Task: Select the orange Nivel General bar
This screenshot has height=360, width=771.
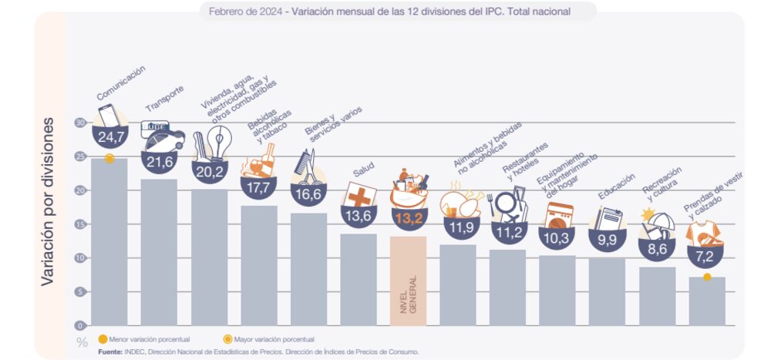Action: coord(408,281)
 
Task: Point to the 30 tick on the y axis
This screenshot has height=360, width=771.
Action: coord(80,123)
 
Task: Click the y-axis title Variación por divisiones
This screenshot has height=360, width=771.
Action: coord(47,202)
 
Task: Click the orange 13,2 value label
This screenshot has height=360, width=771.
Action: coord(407,218)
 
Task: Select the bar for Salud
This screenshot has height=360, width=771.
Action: coord(358,279)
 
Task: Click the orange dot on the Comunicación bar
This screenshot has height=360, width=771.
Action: coord(109,158)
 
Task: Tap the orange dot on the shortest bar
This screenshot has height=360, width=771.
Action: coord(706,277)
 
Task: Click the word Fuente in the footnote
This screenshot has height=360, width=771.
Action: coord(110,352)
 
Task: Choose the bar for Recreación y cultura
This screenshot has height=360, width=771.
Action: coord(657,296)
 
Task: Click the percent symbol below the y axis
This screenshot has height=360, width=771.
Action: coord(82,341)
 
